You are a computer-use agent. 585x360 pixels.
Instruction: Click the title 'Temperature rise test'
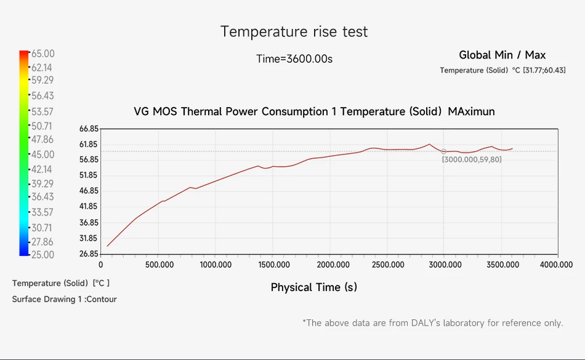tap(294, 31)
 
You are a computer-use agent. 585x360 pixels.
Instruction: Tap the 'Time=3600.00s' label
tap(294, 59)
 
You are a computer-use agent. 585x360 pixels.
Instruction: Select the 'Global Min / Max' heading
tap(502, 55)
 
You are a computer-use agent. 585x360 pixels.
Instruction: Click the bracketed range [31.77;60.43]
tap(544, 70)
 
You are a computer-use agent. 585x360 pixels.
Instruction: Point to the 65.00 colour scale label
tap(42, 54)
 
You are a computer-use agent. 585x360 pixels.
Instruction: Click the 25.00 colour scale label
tap(42, 255)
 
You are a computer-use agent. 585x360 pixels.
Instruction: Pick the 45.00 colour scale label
tap(42, 154)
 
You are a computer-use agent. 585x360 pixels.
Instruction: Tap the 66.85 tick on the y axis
tap(89, 129)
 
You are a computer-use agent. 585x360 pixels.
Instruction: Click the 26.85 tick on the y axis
tap(89, 254)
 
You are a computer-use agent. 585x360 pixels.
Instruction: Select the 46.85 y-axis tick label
tap(89, 191)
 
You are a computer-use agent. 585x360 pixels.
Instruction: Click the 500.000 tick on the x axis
tap(159, 265)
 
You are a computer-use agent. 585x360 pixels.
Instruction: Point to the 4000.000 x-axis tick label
tap(557, 265)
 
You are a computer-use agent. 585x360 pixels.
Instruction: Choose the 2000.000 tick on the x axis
tap(329, 265)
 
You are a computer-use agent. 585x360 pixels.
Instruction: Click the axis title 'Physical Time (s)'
tap(314, 287)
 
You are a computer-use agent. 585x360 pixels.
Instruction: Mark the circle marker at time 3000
tap(443, 151)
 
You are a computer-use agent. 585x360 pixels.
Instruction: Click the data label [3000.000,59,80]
tap(472, 159)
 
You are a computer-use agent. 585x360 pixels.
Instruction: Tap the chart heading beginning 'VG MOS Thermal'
tap(314, 111)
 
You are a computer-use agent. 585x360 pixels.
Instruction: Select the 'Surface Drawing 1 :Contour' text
tap(64, 299)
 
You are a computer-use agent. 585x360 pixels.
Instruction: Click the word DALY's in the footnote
tap(428, 322)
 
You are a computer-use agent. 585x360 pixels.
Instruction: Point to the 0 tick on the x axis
tap(101, 265)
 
